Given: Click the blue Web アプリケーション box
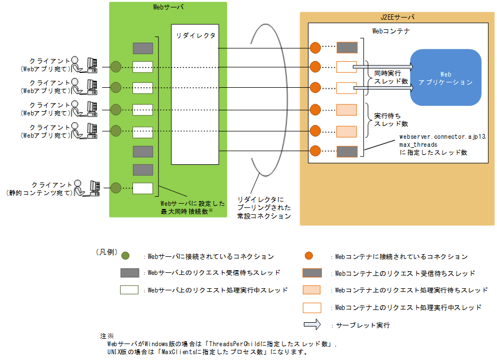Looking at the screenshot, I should click(445, 78).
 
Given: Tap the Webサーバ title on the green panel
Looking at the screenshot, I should click(168, 7).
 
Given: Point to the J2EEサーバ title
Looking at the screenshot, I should click(397, 17).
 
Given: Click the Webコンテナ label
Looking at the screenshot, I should click(391, 31).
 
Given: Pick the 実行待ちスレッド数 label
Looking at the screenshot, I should click(391, 120).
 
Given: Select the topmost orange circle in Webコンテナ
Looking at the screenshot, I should click(315, 47).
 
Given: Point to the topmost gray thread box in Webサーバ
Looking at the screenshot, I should click(143, 48).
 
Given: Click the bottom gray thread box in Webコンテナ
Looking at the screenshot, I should click(346, 152).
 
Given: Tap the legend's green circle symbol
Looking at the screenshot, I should click(126, 256).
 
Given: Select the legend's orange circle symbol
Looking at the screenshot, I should click(307, 256).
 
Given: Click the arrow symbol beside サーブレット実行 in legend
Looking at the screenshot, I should click(312, 324).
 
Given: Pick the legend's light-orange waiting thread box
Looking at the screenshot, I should click(312, 290).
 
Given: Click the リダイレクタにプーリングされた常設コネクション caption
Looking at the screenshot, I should click(264, 208).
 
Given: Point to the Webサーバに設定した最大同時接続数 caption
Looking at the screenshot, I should click(187, 207).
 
